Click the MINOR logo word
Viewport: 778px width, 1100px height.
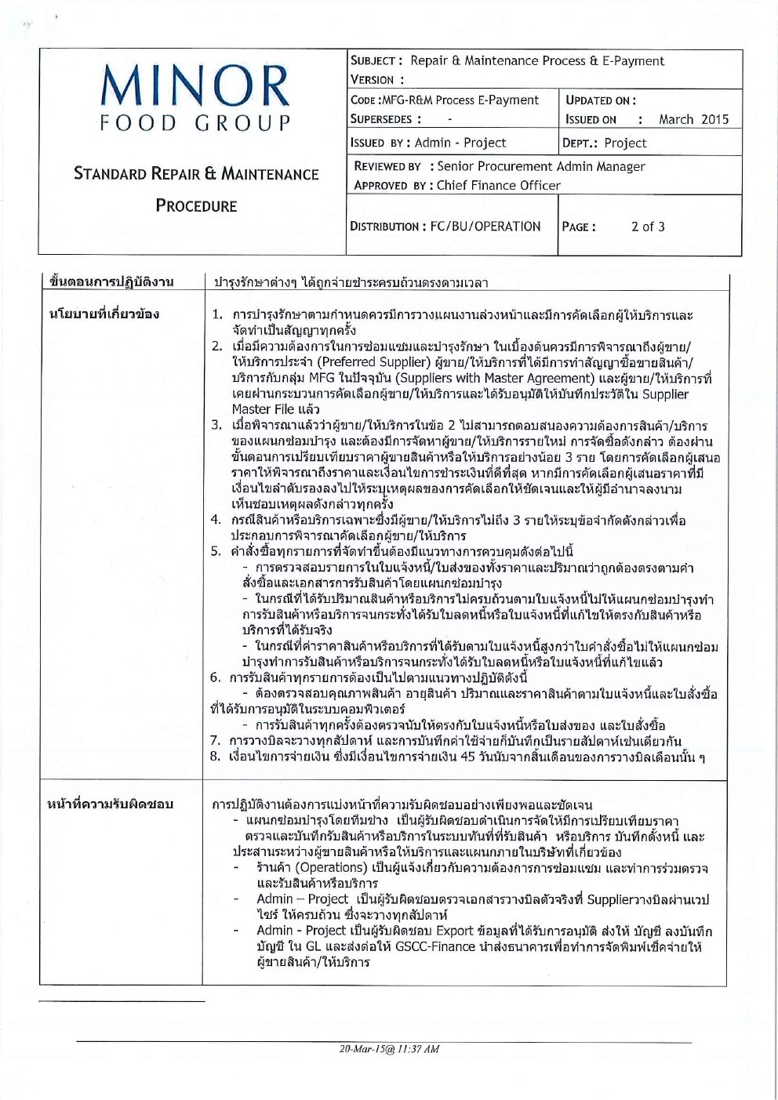coord(195,87)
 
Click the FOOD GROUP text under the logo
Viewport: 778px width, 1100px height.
coord(195,123)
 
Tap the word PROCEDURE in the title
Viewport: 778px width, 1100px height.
coord(196,206)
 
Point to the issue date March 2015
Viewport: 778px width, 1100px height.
coord(693,120)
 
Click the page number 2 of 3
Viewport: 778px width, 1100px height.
coord(648,227)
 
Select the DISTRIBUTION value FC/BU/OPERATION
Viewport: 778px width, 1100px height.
coord(485,227)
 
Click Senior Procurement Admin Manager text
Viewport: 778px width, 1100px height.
coord(541,166)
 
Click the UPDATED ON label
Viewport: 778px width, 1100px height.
coord(601,100)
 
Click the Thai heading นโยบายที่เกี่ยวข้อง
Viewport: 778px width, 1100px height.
coord(104,314)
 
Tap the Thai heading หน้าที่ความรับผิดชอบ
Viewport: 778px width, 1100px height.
coord(110,804)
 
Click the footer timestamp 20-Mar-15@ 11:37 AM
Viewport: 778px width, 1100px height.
coord(389,1049)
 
